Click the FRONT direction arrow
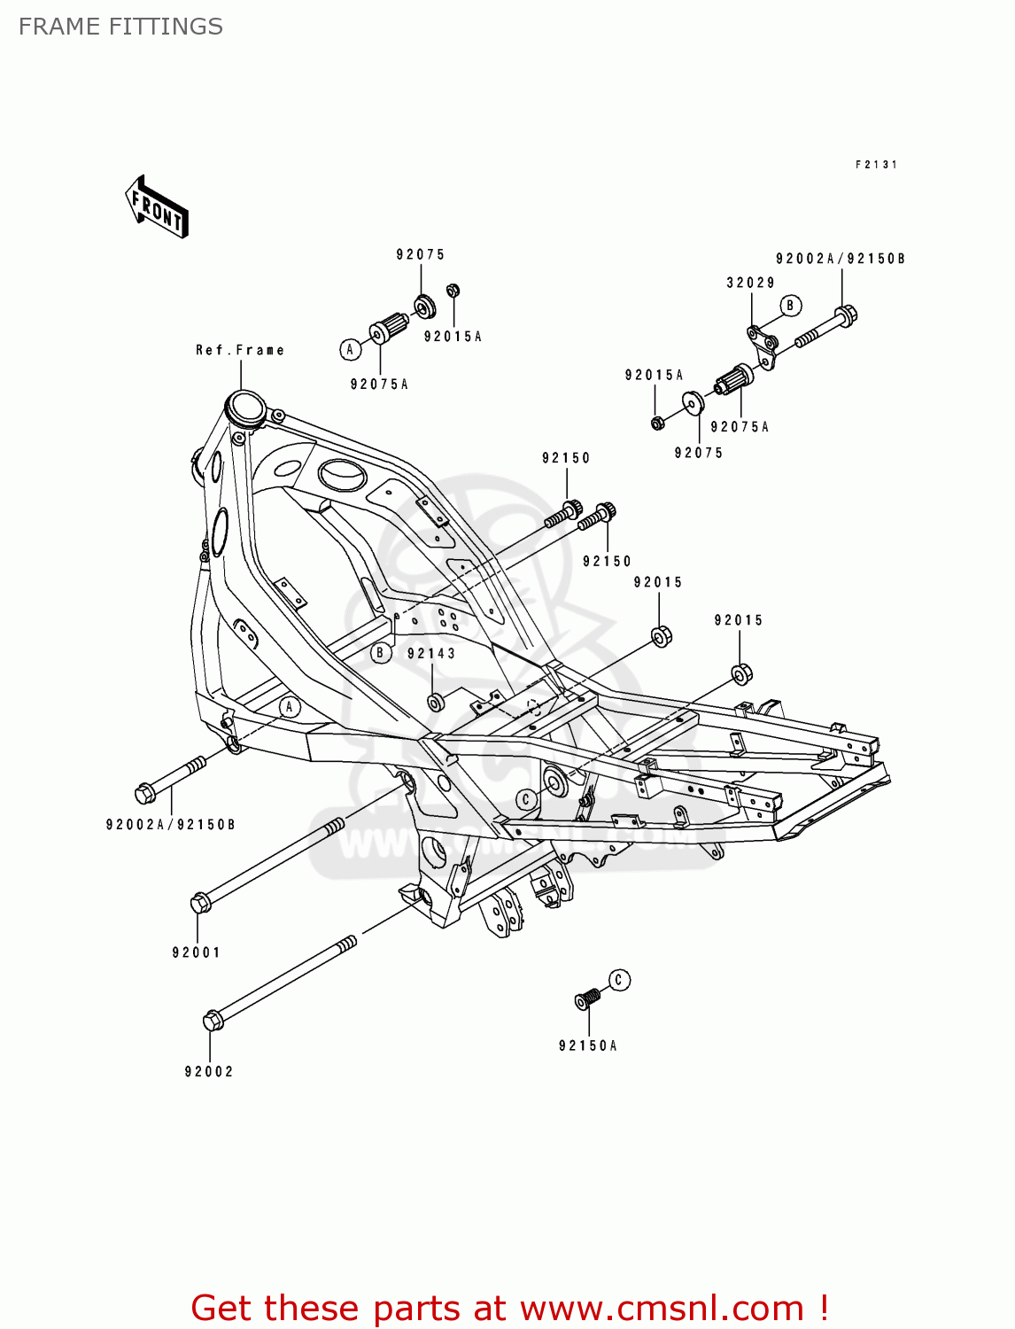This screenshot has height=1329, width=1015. pyautogui.click(x=157, y=207)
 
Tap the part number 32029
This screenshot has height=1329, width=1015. pyautogui.click(x=750, y=283)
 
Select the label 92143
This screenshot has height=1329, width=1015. pyautogui.click(x=431, y=654)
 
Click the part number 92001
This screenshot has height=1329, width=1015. pyautogui.click(x=196, y=952)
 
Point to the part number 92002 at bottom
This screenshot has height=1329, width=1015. pyautogui.click(x=209, y=1071)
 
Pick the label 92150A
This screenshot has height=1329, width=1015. pyautogui.click(x=587, y=1045)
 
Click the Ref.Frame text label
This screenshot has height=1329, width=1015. pyautogui.click(x=240, y=350)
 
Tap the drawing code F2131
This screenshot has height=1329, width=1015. pyautogui.click(x=876, y=165)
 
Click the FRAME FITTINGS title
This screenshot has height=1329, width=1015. pyautogui.click(x=120, y=27)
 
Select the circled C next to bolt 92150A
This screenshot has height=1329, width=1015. pyautogui.click(x=619, y=980)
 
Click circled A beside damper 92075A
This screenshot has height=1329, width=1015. pyautogui.click(x=350, y=349)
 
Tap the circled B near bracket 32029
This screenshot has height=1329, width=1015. pyautogui.click(x=790, y=306)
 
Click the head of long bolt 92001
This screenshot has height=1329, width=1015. pyautogui.click(x=200, y=903)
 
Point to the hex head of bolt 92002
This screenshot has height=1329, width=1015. pyautogui.click(x=213, y=1021)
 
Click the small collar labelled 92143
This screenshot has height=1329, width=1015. pyautogui.click(x=435, y=703)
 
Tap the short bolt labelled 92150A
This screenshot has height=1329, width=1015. pyautogui.click(x=586, y=999)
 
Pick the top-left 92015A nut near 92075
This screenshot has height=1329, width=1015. pyautogui.click(x=453, y=291)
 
